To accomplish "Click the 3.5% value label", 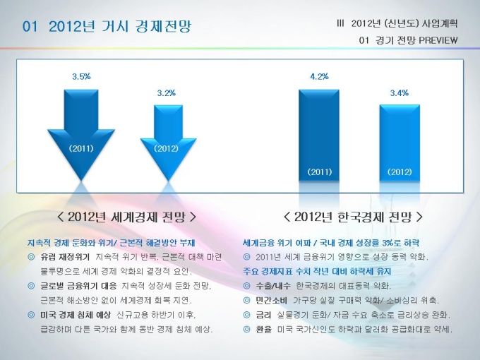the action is point(81,76).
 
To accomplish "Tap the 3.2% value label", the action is point(166,92).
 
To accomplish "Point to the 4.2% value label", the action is point(319,76).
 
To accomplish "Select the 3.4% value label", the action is point(400,92).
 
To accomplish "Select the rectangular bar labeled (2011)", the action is point(319,136).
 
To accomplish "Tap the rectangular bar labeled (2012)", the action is point(400,143).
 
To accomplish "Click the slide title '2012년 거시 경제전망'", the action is point(120,26).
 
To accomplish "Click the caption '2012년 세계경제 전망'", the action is point(126,217).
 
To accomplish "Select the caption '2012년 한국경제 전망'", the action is point(353,217).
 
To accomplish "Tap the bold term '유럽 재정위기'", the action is point(65,257).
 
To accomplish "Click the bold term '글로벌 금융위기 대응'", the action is point(78,286).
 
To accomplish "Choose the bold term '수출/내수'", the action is point(273,286).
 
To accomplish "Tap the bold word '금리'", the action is point(263,315).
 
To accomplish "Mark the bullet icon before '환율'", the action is point(247,330).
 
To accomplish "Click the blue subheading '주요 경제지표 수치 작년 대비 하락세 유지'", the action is point(317,271).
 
